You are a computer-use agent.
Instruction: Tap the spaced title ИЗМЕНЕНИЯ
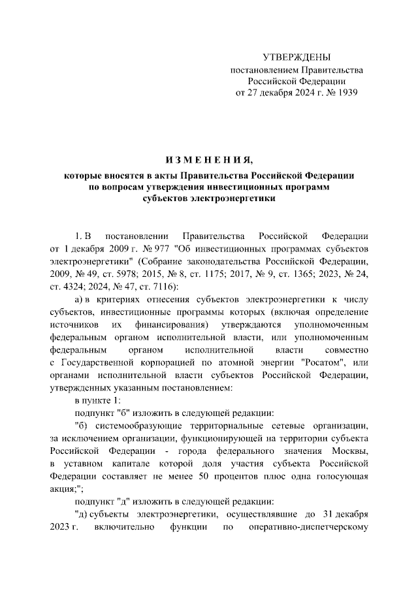[x=208, y=160]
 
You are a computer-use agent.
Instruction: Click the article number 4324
[x=72, y=288]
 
